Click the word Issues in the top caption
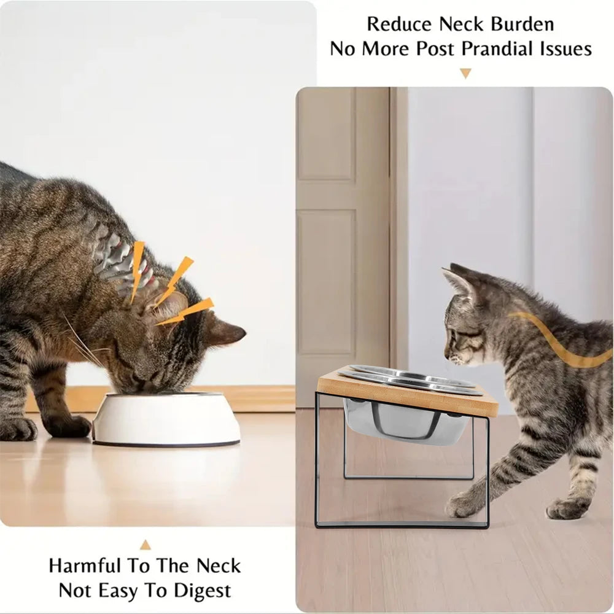click(x=567, y=49)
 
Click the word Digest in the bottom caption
click(x=200, y=591)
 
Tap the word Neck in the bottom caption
click(x=219, y=565)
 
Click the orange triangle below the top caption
click(x=465, y=73)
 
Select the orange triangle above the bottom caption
click(x=146, y=545)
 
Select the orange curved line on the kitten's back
click(x=559, y=344)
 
